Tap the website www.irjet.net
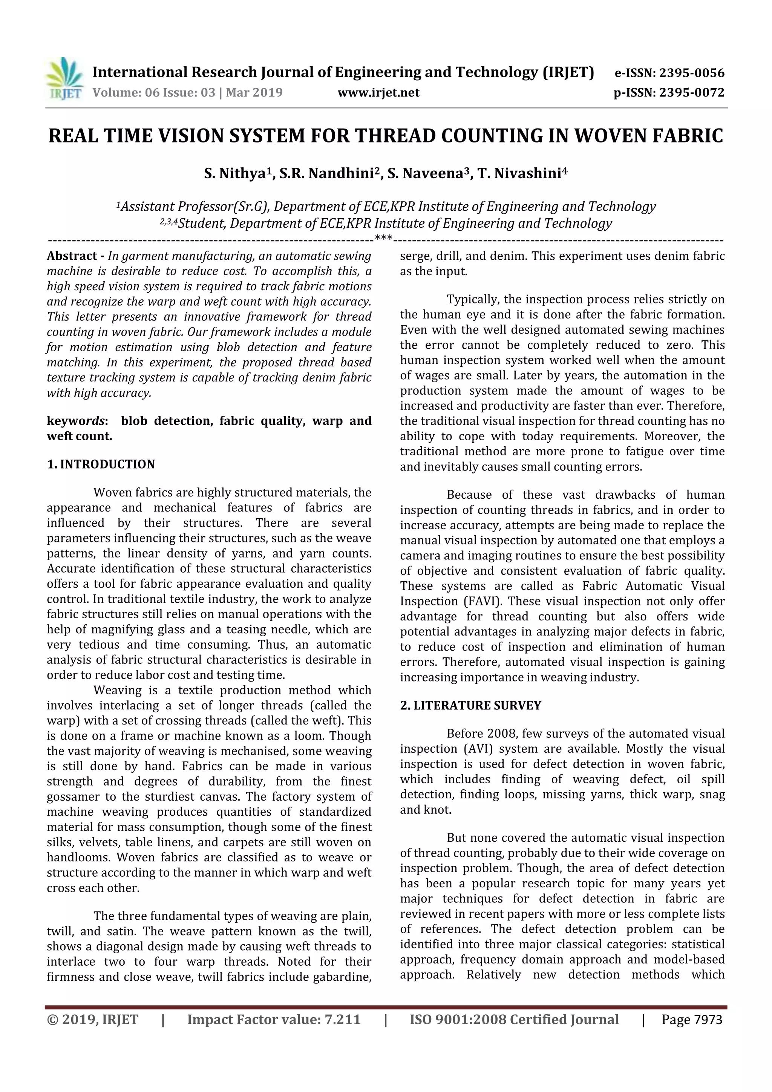coord(378,93)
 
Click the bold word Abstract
coord(72,256)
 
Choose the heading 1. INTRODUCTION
coord(101,464)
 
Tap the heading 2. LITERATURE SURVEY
coord(470,705)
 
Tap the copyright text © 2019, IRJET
coord(93,1020)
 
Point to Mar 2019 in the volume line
coord(254,93)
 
